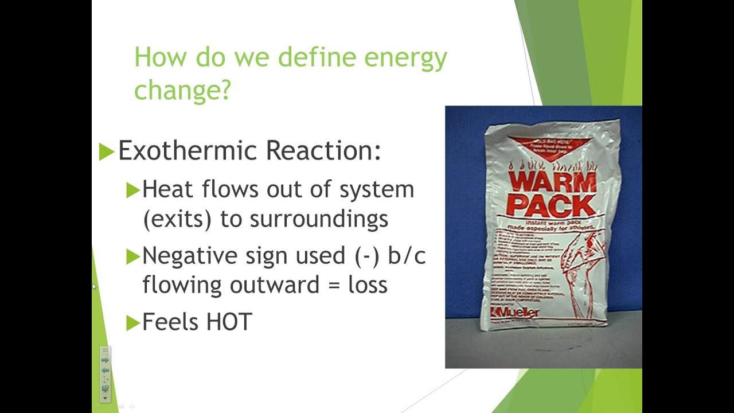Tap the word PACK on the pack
(x=551, y=205)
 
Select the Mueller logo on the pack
(x=516, y=312)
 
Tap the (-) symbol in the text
(x=368, y=256)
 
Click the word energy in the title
(x=405, y=58)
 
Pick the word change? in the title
(x=182, y=89)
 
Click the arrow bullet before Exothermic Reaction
(x=107, y=152)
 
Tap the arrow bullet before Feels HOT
(x=132, y=323)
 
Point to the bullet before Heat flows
(x=132, y=190)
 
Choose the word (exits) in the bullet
(x=178, y=219)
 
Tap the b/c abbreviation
(x=407, y=256)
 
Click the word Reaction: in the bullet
(x=323, y=151)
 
